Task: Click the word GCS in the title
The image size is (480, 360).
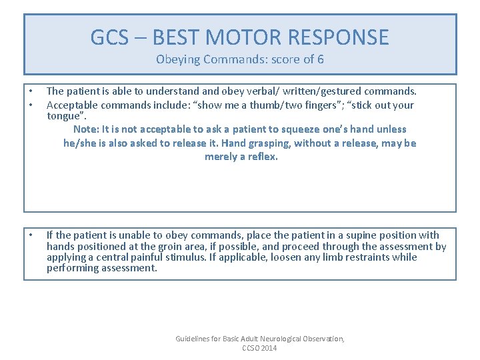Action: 106,37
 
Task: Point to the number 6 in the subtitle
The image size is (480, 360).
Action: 321,59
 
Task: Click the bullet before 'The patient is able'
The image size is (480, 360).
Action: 31,91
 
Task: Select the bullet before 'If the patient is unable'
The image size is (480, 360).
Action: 31,235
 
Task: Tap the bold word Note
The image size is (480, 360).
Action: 85,129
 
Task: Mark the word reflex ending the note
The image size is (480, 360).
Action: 260,157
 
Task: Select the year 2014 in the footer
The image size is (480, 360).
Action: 268,349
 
